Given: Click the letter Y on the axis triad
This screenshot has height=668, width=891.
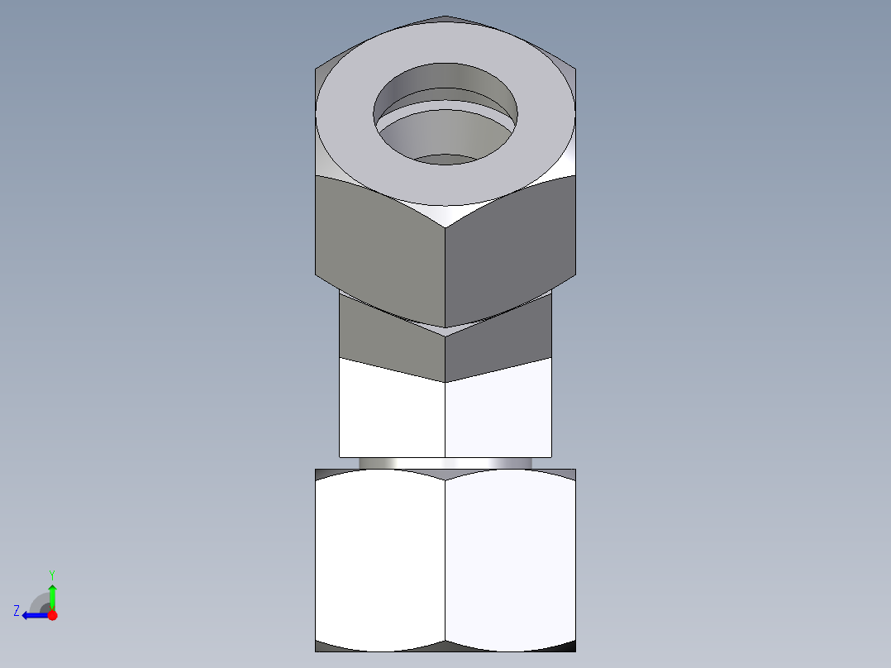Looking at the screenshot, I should point(51,574).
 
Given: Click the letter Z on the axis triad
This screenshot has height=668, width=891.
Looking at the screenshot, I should point(17,610).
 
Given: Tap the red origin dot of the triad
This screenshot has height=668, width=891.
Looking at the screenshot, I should point(52,615).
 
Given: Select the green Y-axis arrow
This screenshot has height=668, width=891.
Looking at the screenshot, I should point(52,595).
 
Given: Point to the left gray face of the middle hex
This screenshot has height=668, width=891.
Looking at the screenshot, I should point(388,335).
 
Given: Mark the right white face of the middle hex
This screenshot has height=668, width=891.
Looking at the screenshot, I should point(498,413).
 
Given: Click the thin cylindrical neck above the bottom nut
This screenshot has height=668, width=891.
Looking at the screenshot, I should point(445,463).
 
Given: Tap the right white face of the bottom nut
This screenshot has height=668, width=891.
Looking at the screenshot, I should point(511,562).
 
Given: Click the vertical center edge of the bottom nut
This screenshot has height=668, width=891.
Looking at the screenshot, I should point(445,562).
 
